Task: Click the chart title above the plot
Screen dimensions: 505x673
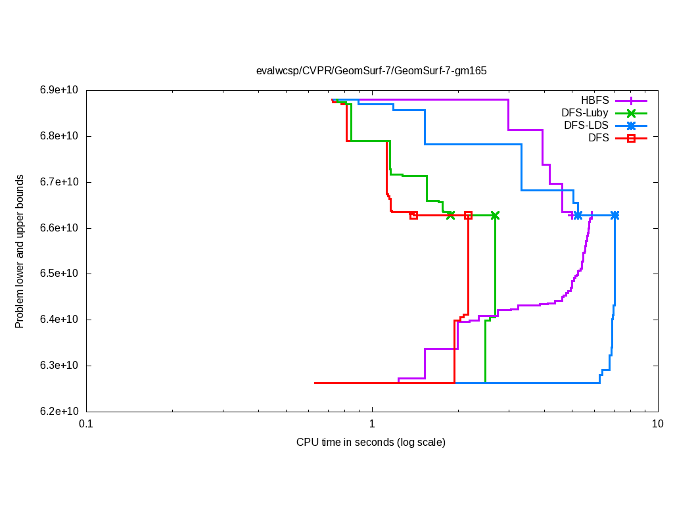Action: tap(371, 70)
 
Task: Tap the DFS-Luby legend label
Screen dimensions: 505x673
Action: tap(585, 113)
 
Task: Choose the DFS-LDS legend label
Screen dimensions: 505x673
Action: tap(586, 125)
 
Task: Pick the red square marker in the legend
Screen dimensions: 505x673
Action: tap(631, 137)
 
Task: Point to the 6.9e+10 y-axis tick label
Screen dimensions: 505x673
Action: tap(60, 90)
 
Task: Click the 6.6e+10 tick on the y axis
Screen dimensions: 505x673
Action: tap(60, 228)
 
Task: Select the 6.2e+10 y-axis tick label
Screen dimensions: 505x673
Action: tap(60, 412)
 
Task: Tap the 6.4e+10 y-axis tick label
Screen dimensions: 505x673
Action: tap(60, 320)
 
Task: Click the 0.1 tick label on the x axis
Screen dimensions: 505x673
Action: tap(86, 424)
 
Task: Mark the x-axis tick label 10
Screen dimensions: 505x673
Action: tap(657, 424)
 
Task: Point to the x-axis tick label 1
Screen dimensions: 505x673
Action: tap(372, 424)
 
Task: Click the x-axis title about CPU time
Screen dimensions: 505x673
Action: tap(371, 442)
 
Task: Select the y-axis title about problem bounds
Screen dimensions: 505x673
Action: tap(20, 252)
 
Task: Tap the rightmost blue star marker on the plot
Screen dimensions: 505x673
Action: tap(615, 216)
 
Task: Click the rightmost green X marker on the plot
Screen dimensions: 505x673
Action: tap(495, 216)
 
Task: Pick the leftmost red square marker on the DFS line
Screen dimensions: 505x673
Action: tap(413, 216)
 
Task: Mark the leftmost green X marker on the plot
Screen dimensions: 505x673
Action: tap(450, 216)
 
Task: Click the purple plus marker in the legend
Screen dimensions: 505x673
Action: tap(631, 101)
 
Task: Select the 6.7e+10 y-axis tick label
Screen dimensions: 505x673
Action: tap(60, 182)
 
